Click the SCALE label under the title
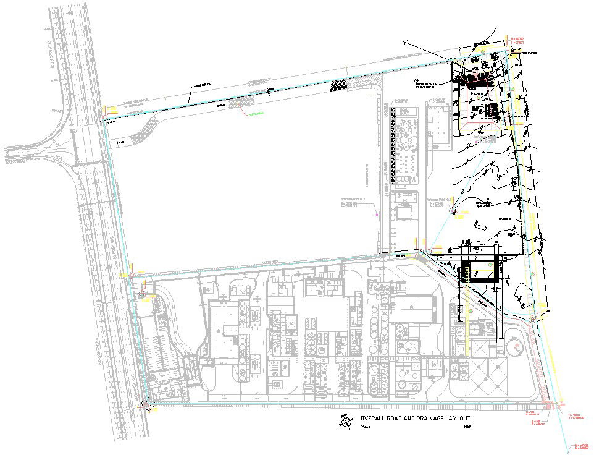(x=367, y=427)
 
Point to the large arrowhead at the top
(x=408, y=41)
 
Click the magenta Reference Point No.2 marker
(x=377, y=214)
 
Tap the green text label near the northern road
(x=256, y=114)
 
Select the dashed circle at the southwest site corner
(x=148, y=404)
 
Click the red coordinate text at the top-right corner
(x=517, y=40)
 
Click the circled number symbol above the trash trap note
(x=417, y=80)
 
